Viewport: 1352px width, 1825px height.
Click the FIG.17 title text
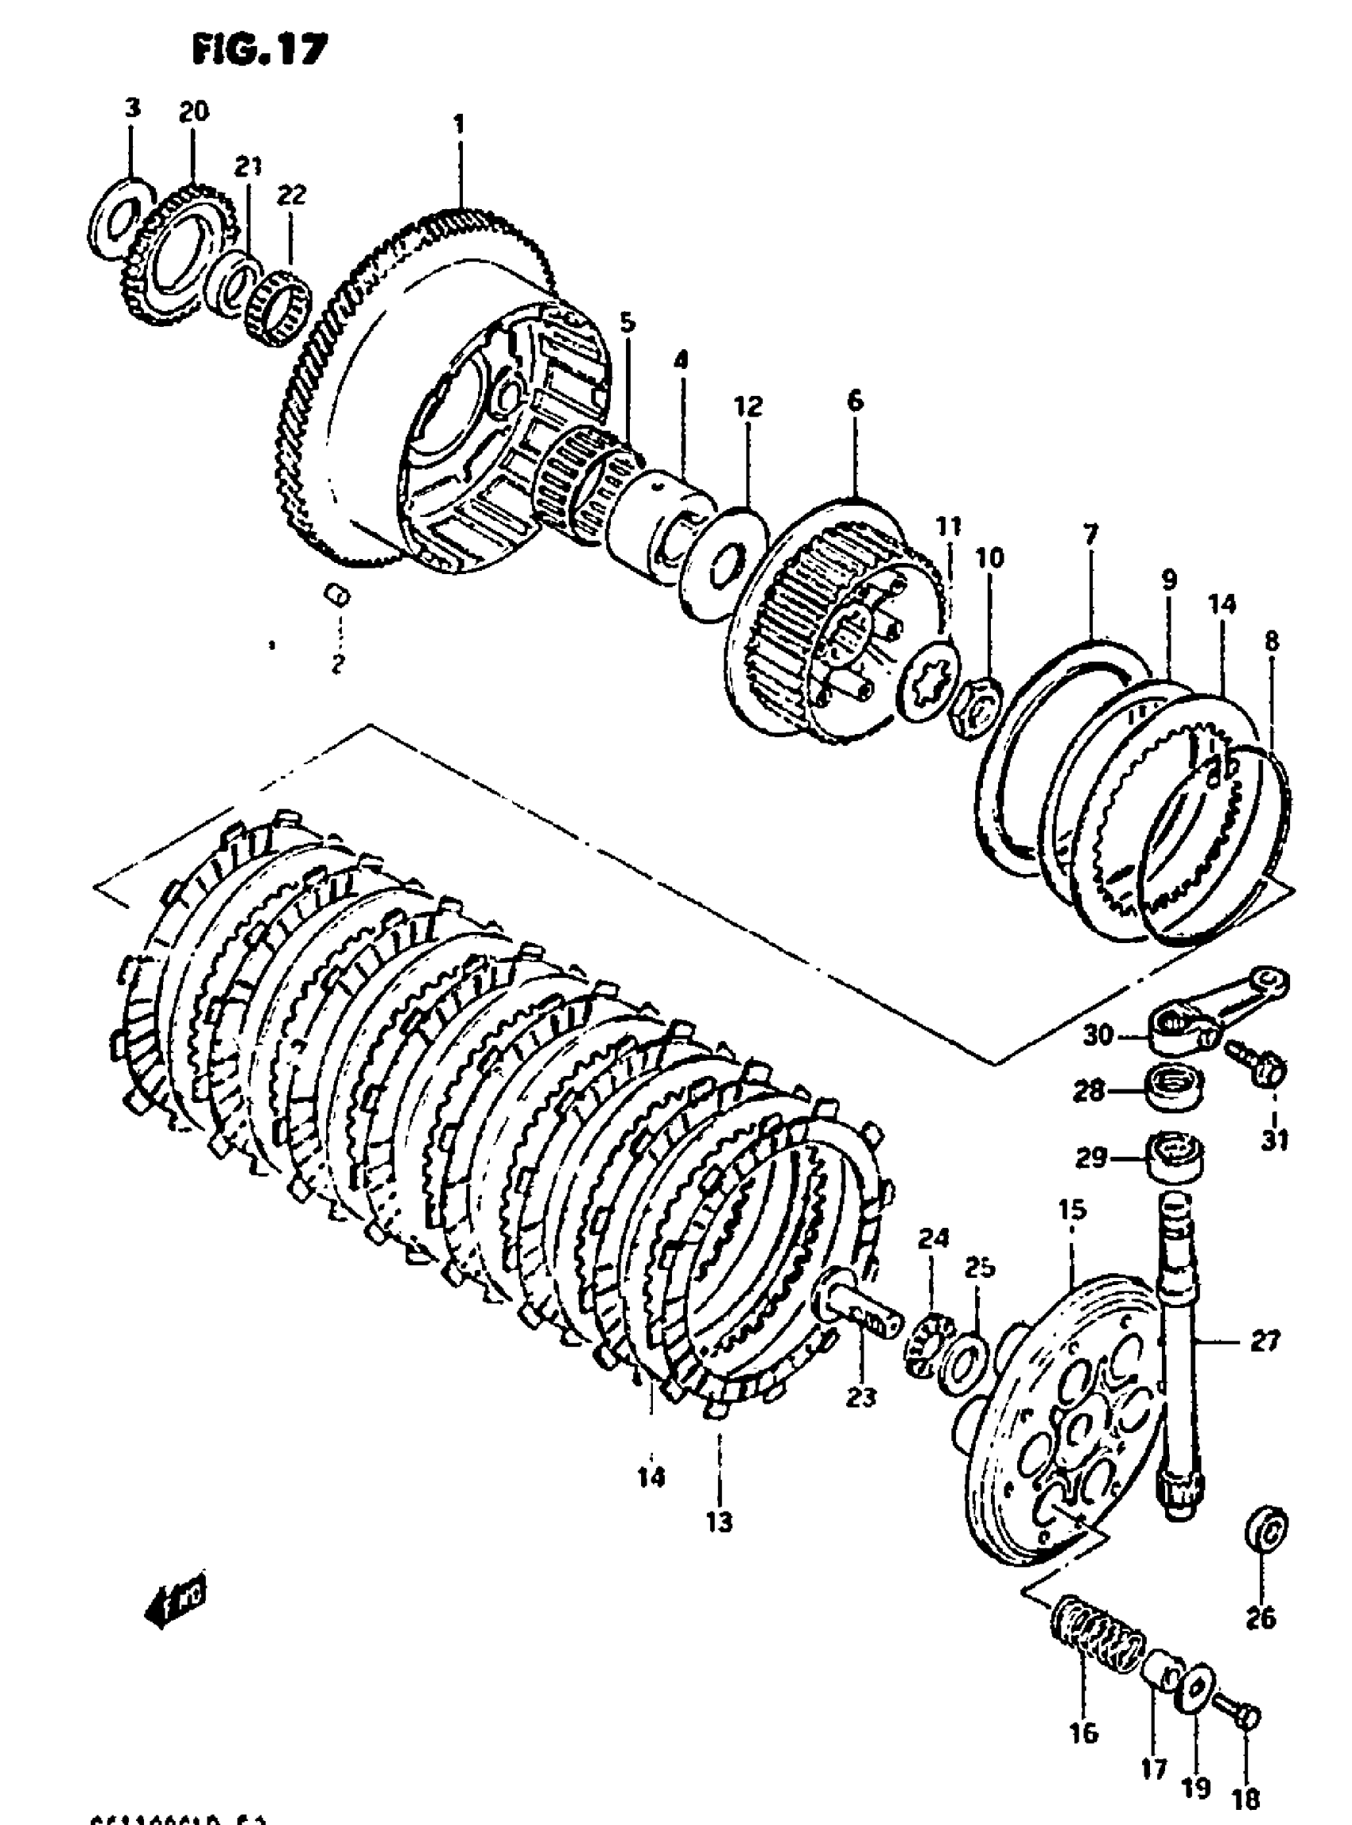click(x=259, y=50)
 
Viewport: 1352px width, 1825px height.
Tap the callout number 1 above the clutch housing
click(x=459, y=124)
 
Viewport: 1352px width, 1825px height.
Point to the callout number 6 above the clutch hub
click(x=854, y=401)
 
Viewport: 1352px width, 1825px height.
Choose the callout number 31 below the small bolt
click(x=1274, y=1139)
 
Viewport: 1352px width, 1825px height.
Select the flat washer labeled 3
click(x=119, y=216)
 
